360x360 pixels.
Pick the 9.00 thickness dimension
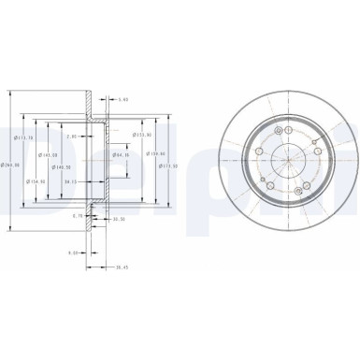point(71,252)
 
